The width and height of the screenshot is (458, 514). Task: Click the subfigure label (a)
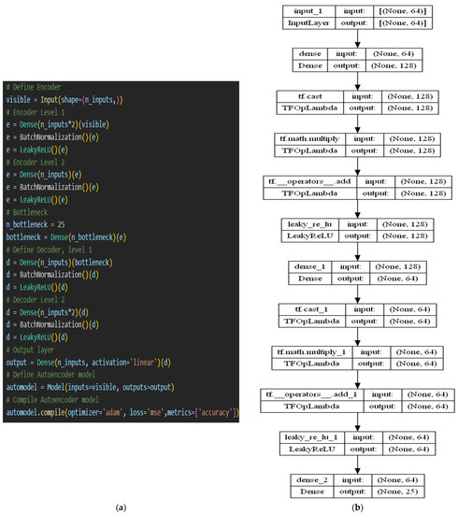[120, 505]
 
